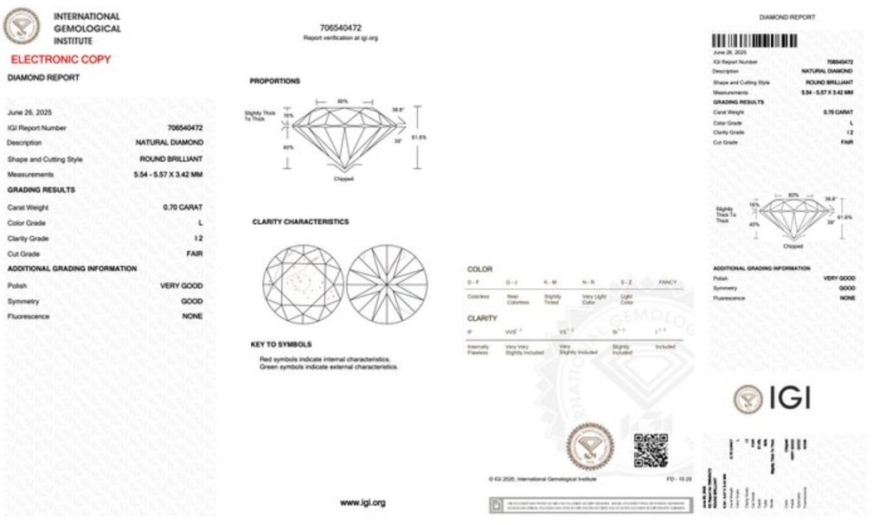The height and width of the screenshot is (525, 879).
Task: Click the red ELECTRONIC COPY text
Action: [61, 60]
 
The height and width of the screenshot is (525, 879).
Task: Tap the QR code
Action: [651, 451]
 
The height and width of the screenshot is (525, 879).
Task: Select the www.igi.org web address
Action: [362, 503]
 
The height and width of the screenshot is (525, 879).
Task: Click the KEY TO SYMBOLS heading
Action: [281, 344]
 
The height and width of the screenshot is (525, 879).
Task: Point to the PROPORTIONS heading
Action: [275, 81]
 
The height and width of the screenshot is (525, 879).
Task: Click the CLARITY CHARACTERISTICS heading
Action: [300, 221]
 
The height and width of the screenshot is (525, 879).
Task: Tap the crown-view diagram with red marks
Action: [303, 284]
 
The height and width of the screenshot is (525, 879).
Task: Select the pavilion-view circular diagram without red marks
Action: [387, 284]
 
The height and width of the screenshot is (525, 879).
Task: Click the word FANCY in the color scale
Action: [668, 283]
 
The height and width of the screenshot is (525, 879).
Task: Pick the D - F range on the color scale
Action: [474, 283]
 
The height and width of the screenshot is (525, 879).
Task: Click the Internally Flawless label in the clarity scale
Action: [478, 349]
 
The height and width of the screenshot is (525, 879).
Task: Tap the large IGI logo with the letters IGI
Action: [772, 399]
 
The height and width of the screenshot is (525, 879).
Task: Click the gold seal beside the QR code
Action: [590, 447]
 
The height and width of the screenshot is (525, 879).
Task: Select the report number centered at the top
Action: [340, 28]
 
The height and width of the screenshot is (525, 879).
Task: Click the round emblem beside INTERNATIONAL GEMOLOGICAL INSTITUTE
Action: [22, 26]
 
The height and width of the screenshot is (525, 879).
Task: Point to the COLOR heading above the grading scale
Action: [479, 269]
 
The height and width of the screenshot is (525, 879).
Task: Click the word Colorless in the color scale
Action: [478, 297]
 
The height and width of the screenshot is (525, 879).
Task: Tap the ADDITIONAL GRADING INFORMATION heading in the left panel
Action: [72, 269]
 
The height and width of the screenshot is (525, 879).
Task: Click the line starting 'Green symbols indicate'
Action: [329, 367]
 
